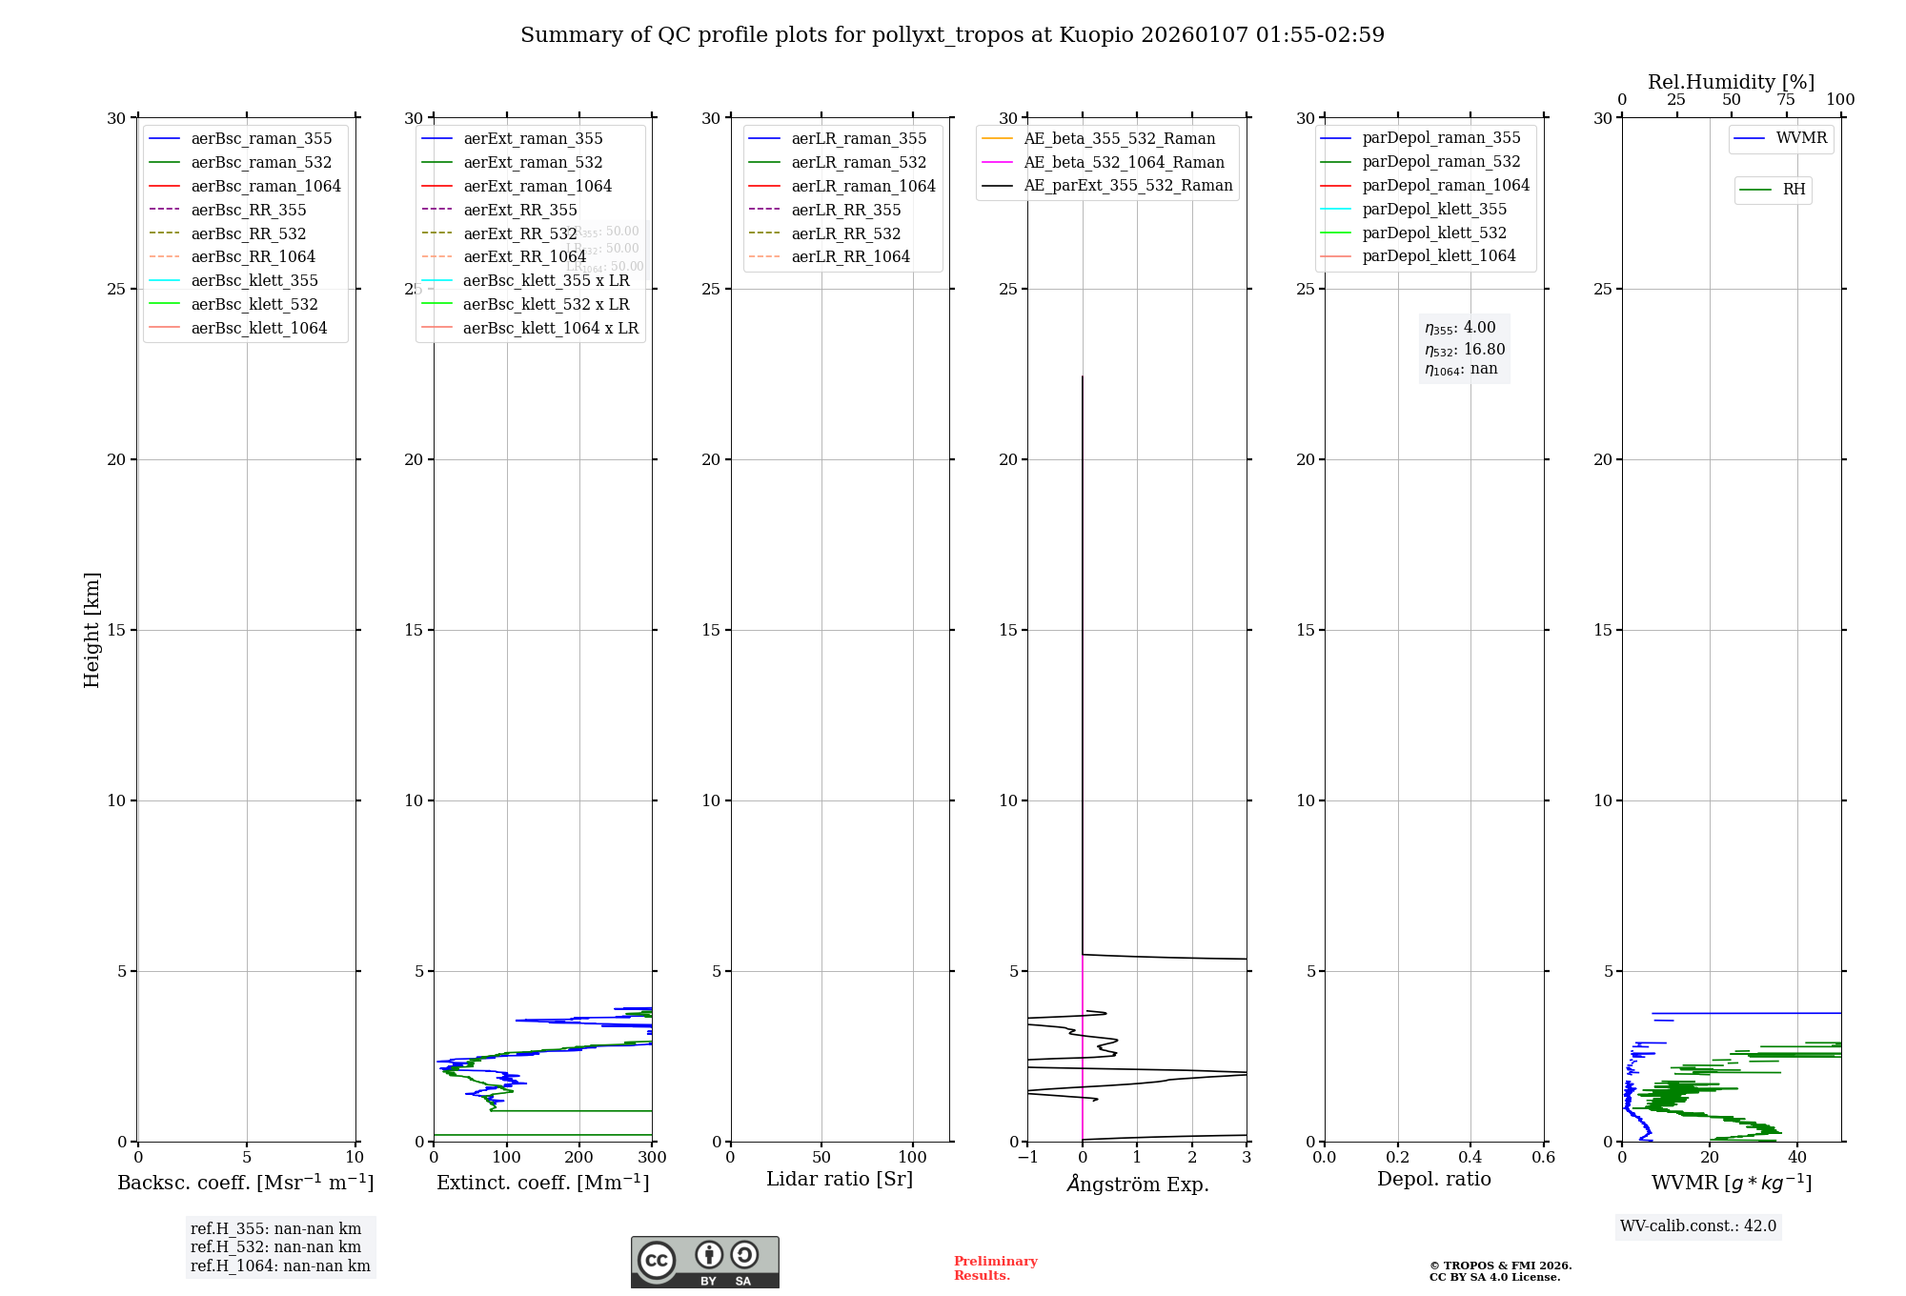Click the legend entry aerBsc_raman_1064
pyautogui.click(x=265, y=186)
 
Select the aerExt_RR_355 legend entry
pyautogui.click(x=519, y=210)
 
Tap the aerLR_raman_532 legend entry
pyautogui.click(x=858, y=162)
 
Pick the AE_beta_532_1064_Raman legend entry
pyautogui.click(x=1123, y=162)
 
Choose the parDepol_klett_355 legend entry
pyautogui.click(x=1433, y=209)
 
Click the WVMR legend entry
pyautogui.click(x=1800, y=138)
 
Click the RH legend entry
pyautogui.click(x=1793, y=190)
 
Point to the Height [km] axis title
pyautogui.click(x=91, y=630)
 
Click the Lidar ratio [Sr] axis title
pyautogui.click(x=840, y=1179)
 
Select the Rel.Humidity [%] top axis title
pyautogui.click(x=1731, y=82)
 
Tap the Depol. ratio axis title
pyautogui.click(x=1433, y=1179)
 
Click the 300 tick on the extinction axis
pyautogui.click(x=653, y=1158)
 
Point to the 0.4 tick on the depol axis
pyautogui.click(x=1470, y=1158)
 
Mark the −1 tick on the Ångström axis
pyautogui.click(x=1026, y=1158)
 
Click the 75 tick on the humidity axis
pyautogui.click(x=1785, y=100)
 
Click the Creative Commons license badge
pyautogui.click(x=704, y=1262)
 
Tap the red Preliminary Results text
pyautogui.click(x=995, y=1268)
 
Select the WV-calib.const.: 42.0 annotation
pyautogui.click(x=1697, y=1226)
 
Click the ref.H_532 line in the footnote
pyautogui.click(x=275, y=1247)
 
